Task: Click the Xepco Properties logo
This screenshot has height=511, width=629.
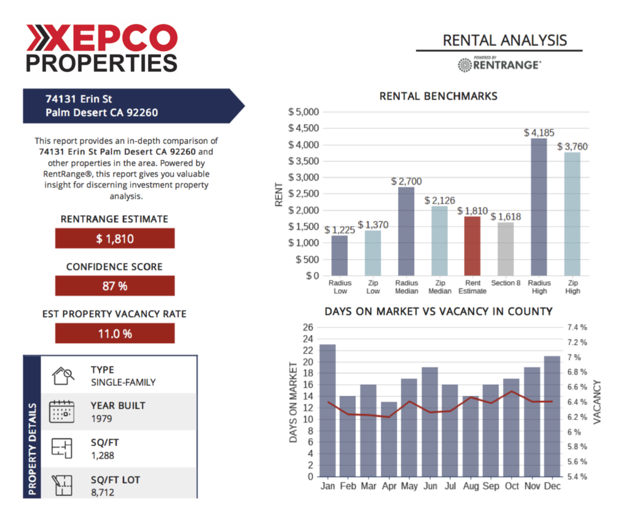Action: click(101, 49)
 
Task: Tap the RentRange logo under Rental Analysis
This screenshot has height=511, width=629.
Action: click(499, 64)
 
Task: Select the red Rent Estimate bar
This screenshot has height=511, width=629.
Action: click(472, 245)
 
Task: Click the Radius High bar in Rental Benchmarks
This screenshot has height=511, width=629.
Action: click(538, 207)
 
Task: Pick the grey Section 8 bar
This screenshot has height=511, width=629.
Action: click(505, 248)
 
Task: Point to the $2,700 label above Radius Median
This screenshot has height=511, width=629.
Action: click(406, 181)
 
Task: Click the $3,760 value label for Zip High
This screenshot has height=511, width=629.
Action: click(572, 147)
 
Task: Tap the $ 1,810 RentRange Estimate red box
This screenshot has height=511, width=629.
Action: click(115, 239)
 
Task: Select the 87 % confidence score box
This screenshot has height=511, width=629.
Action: click(115, 286)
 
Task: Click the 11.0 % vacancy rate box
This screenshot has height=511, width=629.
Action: click(115, 333)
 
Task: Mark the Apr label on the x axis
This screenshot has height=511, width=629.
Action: click(388, 487)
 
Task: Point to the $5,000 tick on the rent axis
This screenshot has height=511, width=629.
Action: click(303, 112)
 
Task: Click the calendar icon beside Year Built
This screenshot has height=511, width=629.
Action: click(61, 411)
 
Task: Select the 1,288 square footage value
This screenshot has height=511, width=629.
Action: click(103, 456)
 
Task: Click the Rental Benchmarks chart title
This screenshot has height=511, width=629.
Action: click(438, 96)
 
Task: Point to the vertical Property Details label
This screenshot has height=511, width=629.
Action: click(32, 450)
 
